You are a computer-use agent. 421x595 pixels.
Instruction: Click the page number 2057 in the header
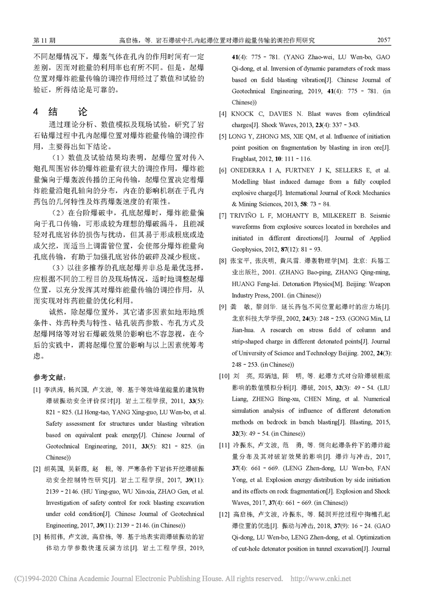383,40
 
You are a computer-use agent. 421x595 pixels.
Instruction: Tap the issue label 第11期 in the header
44,41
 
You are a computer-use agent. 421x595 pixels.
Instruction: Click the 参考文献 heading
52,377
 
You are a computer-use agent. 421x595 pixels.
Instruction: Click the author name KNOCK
242,114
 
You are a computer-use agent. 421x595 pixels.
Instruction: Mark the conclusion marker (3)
56,267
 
